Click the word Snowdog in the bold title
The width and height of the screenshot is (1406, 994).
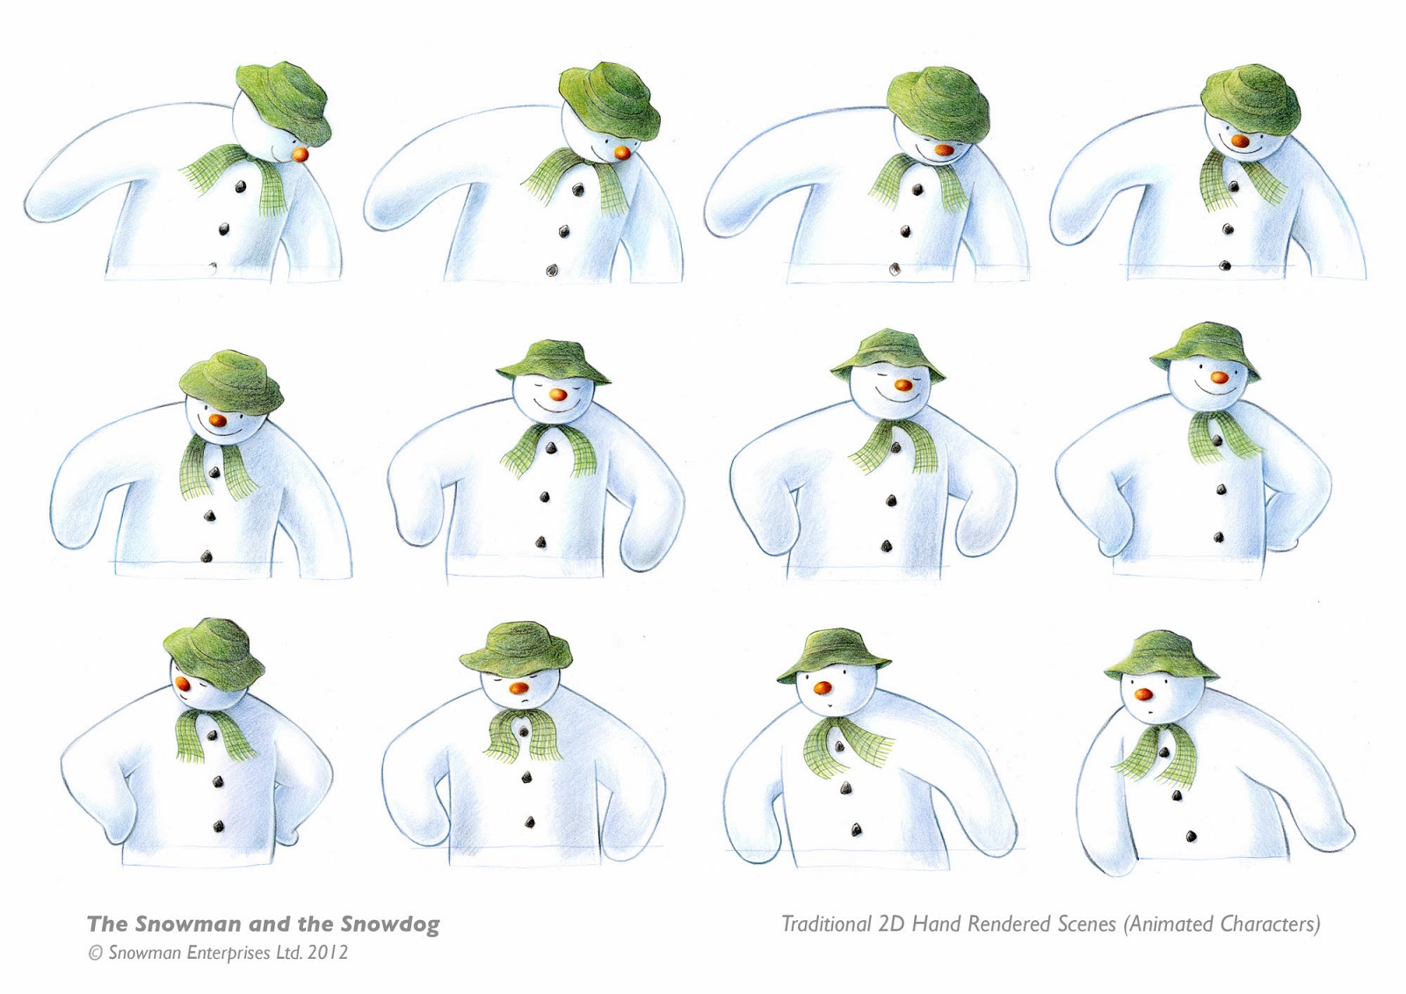click(390, 924)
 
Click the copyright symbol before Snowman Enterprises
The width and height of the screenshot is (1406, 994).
click(96, 954)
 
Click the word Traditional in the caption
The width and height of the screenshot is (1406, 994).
click(826, 924)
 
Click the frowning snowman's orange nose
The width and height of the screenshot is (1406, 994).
click(519, 688)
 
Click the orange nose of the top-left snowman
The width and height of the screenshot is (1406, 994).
click(301, 154)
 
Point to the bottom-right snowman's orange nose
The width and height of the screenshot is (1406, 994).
click(1144, 693)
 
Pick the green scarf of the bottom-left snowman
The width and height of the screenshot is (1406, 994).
click(213, 735)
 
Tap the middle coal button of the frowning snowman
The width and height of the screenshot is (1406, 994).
click(527, 778)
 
